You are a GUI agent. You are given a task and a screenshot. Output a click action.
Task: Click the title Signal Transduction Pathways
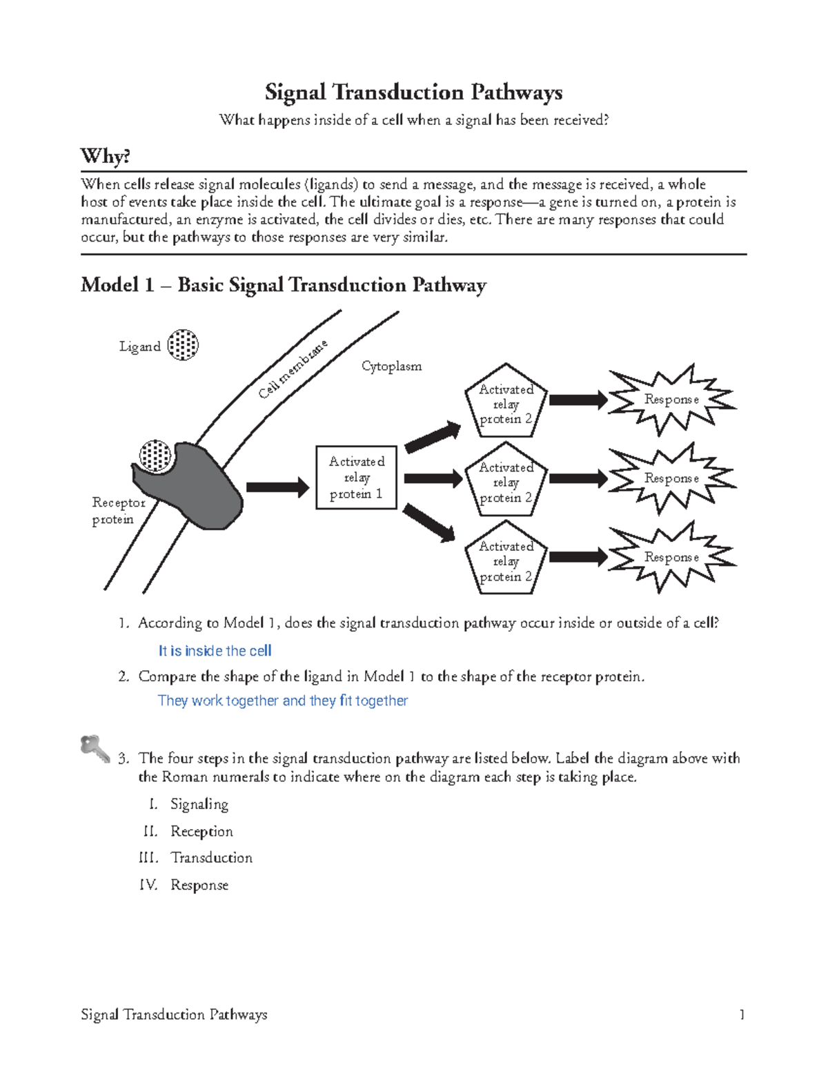point(413,92)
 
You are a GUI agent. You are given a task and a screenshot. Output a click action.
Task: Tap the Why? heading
point(105,156)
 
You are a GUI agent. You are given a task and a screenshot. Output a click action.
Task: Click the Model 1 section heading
point(283,284)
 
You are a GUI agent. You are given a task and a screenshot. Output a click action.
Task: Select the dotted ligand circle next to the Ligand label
point(183,344)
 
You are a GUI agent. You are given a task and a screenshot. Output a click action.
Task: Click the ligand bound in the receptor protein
point(155,456)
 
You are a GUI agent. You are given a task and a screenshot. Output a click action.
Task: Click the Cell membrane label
point(293,369)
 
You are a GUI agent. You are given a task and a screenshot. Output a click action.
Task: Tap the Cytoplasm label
point(391,366)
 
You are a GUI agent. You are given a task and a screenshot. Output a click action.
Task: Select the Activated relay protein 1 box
point(356,478)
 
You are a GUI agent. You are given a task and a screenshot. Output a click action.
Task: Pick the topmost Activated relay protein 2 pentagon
point(506,402)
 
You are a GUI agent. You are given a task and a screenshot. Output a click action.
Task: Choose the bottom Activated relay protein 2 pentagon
point(506,560)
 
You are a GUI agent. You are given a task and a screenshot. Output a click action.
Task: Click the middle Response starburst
point(671,478)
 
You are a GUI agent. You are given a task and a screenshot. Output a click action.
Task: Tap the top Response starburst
point(671,400)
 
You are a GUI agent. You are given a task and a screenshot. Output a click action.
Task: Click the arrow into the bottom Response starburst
point(578,557)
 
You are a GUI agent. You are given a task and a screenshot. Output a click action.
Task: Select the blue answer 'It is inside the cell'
point(215,651)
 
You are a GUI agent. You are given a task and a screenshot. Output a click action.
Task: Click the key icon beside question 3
point(95,748)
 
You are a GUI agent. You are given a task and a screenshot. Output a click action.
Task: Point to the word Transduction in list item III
point(211,857)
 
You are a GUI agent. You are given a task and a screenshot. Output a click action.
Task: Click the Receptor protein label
point(118,511)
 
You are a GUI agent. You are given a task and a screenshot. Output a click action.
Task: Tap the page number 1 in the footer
point(742,1014)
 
